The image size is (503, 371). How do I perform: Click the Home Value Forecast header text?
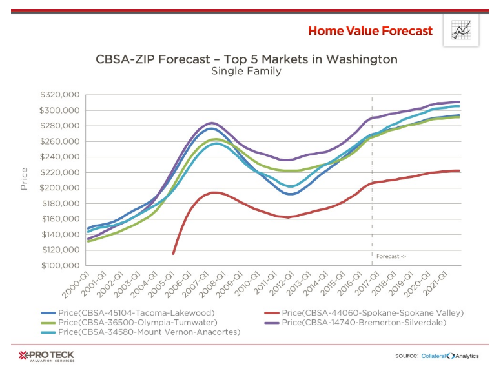click(x=369, y=31)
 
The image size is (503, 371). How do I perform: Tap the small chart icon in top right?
click(x=460, y=30)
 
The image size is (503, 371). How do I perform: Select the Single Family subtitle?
click(x=246, y=71)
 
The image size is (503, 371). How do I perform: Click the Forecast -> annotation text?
click(x=391, y=256)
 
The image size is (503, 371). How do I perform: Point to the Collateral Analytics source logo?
click(x=455, y=356)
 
